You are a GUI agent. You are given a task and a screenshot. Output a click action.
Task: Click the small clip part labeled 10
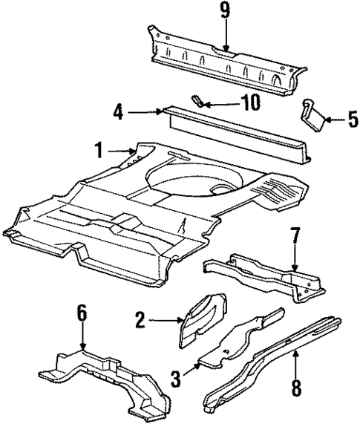pos(199,100)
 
